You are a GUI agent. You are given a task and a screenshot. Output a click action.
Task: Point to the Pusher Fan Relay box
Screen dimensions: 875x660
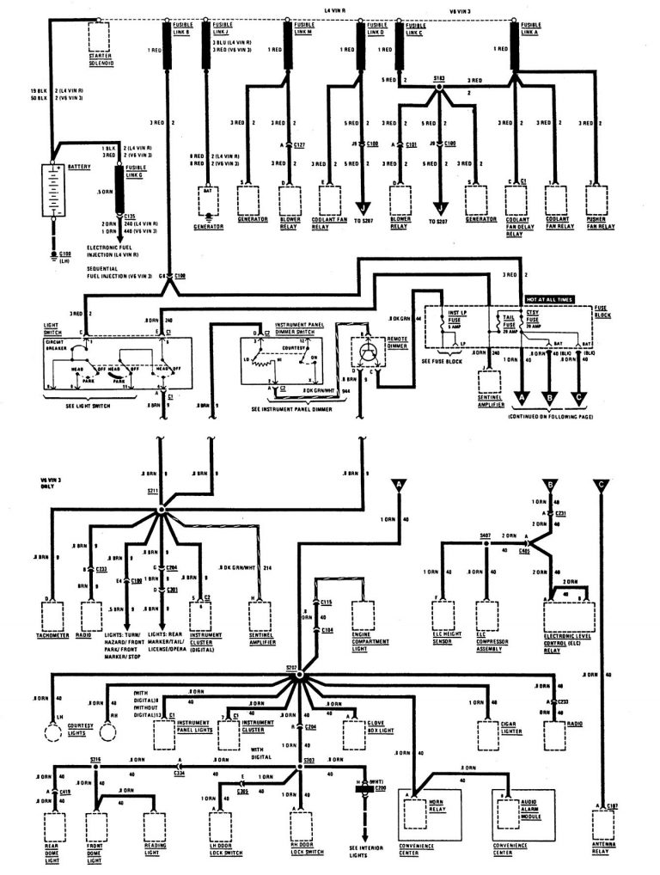600,199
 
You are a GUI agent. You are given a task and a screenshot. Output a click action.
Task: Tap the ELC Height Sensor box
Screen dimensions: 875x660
443,614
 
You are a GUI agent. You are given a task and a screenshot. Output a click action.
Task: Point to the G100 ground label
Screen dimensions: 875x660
60,257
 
